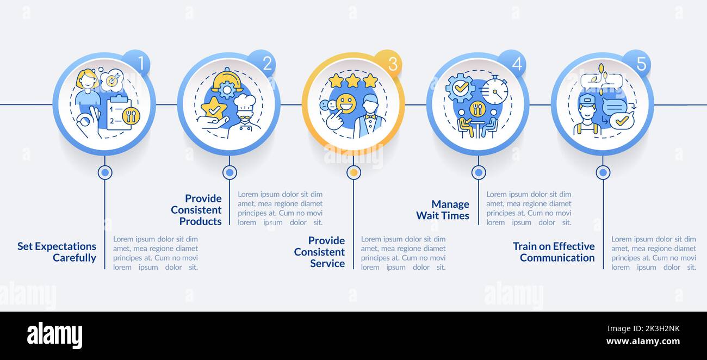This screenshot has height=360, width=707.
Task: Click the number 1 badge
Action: coord(138,63)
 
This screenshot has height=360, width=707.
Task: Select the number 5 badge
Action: coord(638,63)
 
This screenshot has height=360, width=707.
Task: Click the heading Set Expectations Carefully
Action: coord(57,252)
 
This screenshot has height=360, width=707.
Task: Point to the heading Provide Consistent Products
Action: coord(196,210)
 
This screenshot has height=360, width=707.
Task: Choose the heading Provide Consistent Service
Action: coord(320,252)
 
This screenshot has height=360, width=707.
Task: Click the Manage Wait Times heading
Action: coord(443,210)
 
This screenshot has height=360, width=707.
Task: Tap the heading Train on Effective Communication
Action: coord(554,252)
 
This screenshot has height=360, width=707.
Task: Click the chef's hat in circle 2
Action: coord(244,102)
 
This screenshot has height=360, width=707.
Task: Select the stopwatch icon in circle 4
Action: coord(495,90)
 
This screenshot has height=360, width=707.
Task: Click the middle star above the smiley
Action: coord(353,81)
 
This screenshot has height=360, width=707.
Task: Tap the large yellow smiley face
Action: coord(346,103)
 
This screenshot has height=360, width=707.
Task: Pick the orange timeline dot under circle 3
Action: coord(354,172)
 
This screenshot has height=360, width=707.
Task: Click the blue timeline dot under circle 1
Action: coord(105,172)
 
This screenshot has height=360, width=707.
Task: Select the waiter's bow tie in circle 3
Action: coord(370,116)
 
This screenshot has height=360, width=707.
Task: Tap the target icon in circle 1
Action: coord(112,80)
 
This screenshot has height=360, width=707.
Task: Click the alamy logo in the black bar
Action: coord(54,336)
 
